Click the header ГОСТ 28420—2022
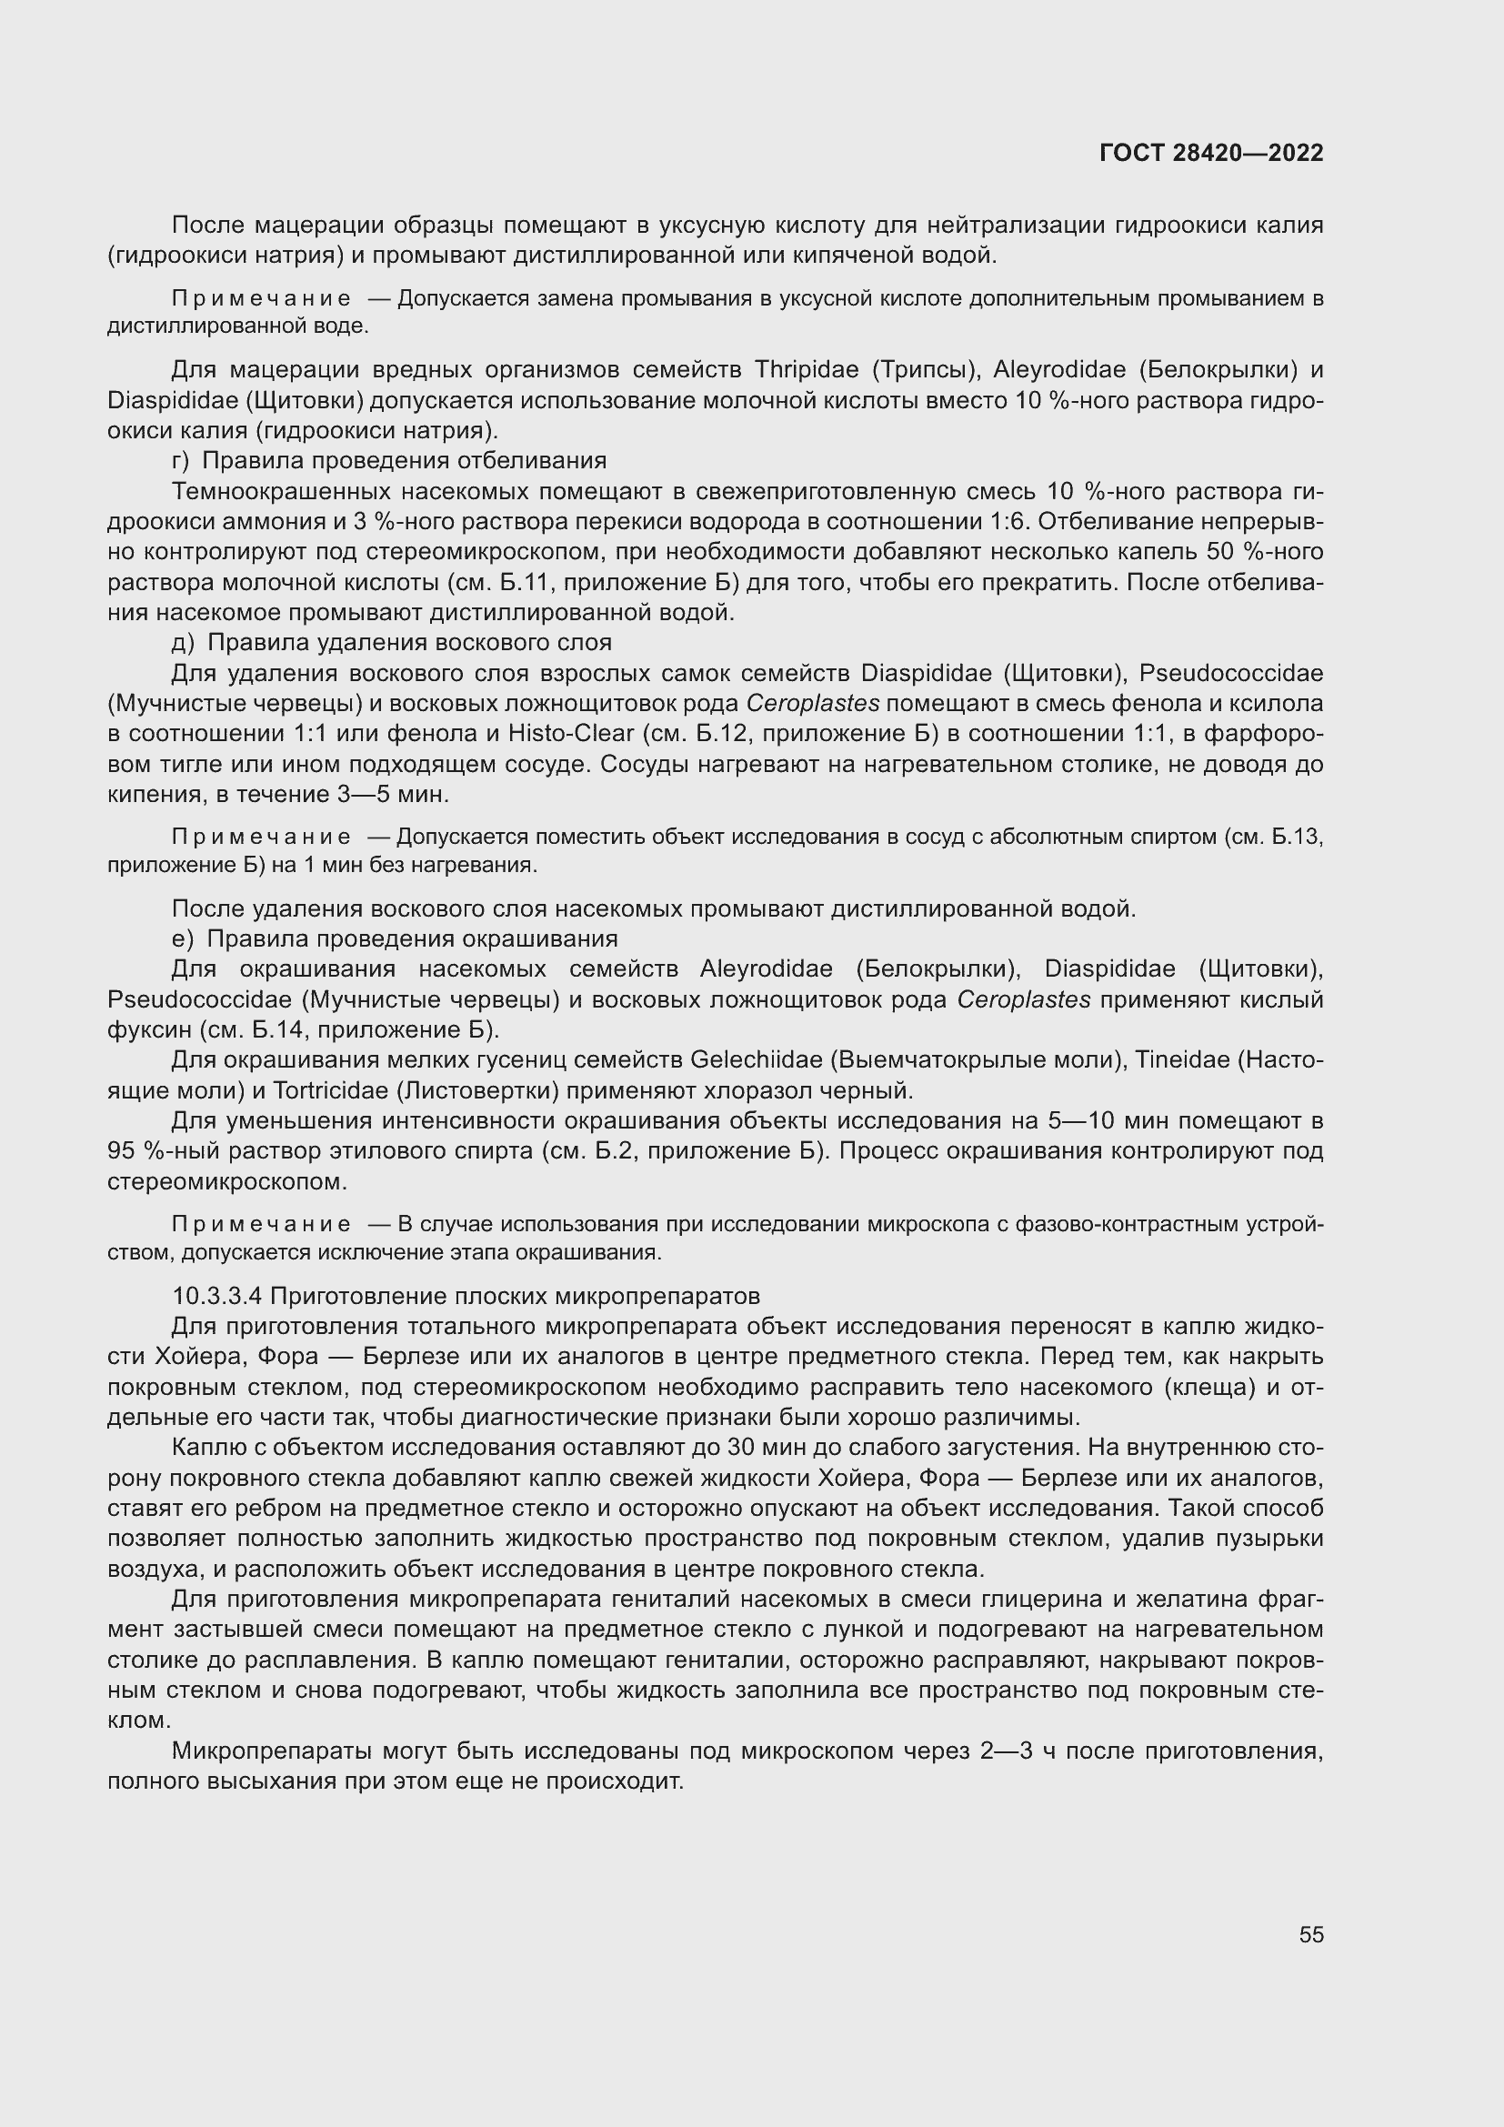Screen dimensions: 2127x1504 pos(1210,153)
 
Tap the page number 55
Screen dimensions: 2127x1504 pos(1310,1934)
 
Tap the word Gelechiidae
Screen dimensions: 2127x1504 pos(757,1059)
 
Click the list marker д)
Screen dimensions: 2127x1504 pos(183,642)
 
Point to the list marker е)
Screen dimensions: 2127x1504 pos(182,938)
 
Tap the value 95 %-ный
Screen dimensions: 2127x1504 pos(150,1151)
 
